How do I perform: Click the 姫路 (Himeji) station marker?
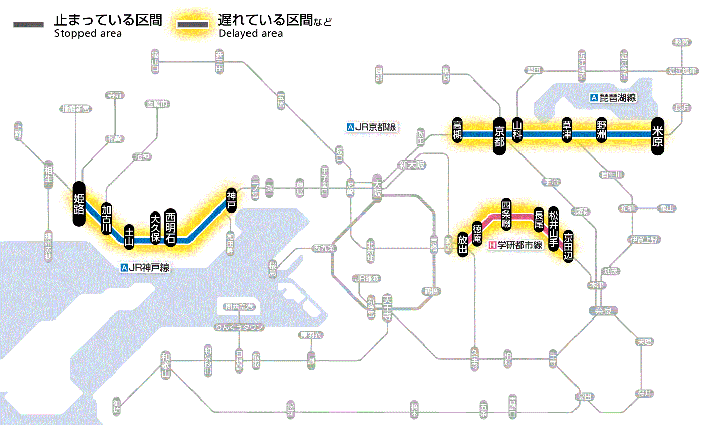79,204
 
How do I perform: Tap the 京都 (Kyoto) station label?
500,135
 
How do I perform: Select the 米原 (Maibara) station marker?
658,135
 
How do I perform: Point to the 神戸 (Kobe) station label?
232,200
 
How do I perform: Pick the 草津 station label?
567,130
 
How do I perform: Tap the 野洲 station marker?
602,130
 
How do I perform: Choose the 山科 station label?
517,130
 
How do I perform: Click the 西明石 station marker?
171,228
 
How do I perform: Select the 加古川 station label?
106,220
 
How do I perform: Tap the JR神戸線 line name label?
145,267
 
